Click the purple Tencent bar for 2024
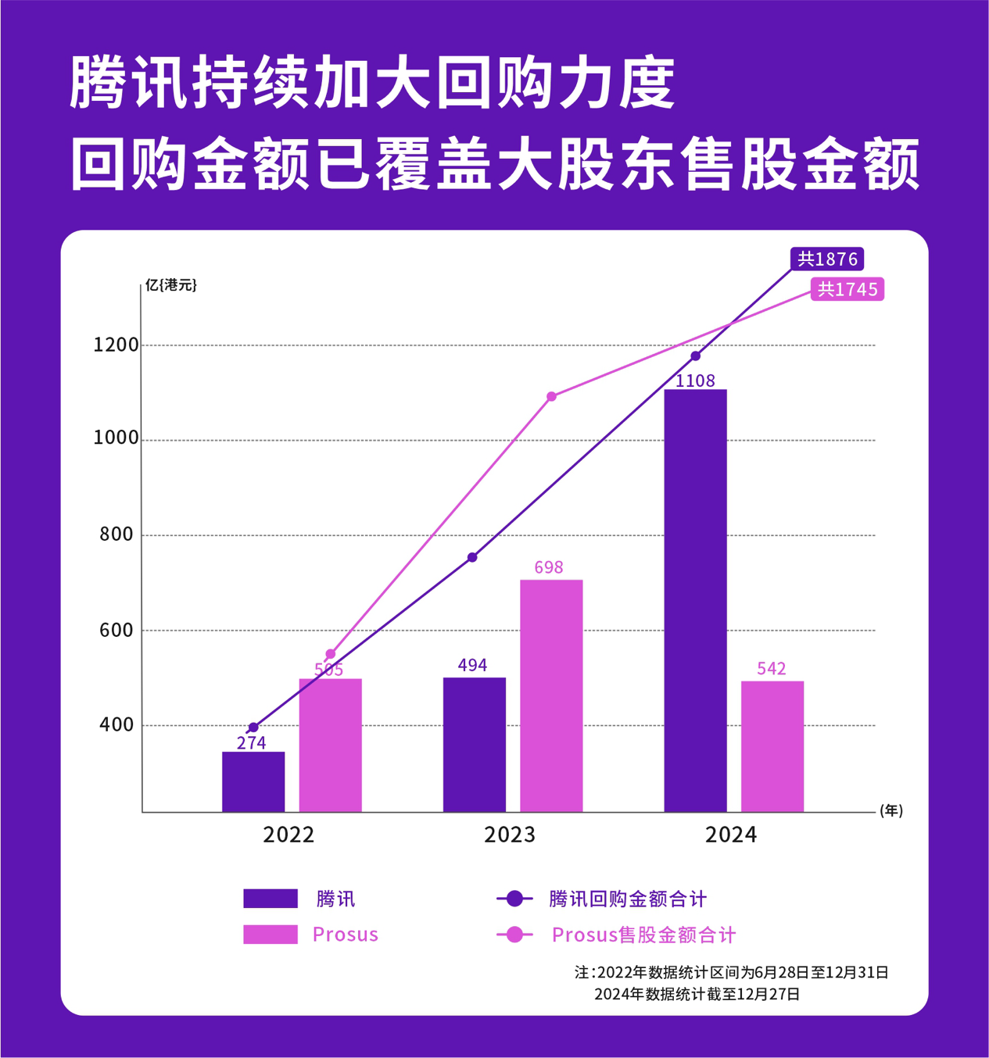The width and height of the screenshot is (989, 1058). tap(695, 600)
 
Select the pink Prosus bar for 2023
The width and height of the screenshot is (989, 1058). tap(551, 695)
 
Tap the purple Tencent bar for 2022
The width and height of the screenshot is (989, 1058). tap(253, 781)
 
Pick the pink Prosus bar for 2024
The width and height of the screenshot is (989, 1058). tap(772, 746)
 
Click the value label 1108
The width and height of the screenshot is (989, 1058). tap(695, 381)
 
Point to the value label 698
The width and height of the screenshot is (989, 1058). tap(549, 567)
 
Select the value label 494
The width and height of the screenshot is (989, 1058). tap(472, 665)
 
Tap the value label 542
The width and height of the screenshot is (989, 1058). tap(772, 668)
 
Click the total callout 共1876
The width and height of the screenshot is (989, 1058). tap(827, 259)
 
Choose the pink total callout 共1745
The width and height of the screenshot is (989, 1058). tap(847, 290)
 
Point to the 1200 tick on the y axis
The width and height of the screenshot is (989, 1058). tap(116, 345)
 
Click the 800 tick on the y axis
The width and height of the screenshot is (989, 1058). tap(116, 534)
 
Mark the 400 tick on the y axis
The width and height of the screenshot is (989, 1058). tap(116, 724)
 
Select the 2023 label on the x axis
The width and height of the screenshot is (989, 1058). tap(510, 835)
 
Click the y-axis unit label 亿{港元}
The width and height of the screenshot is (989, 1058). tap(171, 285)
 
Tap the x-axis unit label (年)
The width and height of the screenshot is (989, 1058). tap(891, 810)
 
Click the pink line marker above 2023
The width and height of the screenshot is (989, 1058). tap(552, 397)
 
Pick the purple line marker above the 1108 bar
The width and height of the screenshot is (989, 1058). tap(696, 356)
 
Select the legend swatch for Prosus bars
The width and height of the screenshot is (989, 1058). tap(271, 935)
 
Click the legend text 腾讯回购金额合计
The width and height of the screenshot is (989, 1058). tap(628, 899)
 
